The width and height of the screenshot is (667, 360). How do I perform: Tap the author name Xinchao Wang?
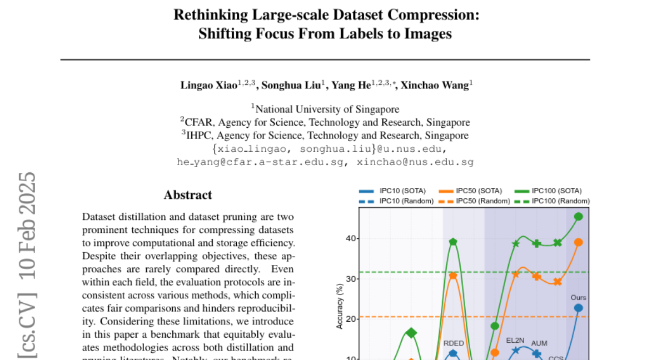pyautogui.click(x=434, y=85)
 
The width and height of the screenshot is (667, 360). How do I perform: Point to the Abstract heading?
pyautogui.click(x=188, y=195)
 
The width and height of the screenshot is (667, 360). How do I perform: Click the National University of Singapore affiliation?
pyautogui.click(x=325, y=109)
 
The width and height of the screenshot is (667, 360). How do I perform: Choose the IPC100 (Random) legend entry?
pyautogui.click(x=561, y=201)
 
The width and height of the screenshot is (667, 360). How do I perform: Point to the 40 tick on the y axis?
pyautogui.click(x=349, y=238)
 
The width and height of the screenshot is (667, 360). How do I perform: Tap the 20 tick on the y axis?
pyautogui.click(x=349, y=319)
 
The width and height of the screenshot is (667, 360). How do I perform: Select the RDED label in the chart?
pyautogui.click(x=454, y=343)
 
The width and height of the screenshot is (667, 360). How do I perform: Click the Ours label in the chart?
pyautogui.click(x=579, y=298)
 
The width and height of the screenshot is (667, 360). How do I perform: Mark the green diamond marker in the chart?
pyautogui.click(x=411, y=333)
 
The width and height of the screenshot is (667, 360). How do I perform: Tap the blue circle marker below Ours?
pyautogui.click(x=579, y=308)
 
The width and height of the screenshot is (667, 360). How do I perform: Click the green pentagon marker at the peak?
pyautogui.click(x=454, y=242)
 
